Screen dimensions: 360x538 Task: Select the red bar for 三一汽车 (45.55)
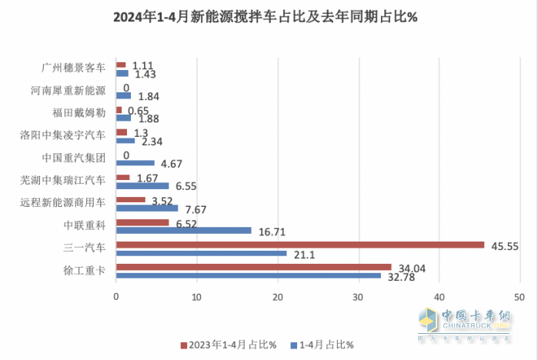point(299,245)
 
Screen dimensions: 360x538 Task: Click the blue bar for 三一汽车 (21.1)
point(201,253)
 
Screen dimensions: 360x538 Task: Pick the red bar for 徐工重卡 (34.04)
point(253,267)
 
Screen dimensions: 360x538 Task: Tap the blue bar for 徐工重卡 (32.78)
point(248,275)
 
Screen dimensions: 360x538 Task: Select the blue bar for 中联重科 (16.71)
point(183,230)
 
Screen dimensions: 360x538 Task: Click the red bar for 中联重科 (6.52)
point(142,222)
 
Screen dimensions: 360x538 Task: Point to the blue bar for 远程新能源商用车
point(147,208)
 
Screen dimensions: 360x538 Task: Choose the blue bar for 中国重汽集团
point(135,163)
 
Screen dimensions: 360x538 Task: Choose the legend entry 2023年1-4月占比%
point(228,344)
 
